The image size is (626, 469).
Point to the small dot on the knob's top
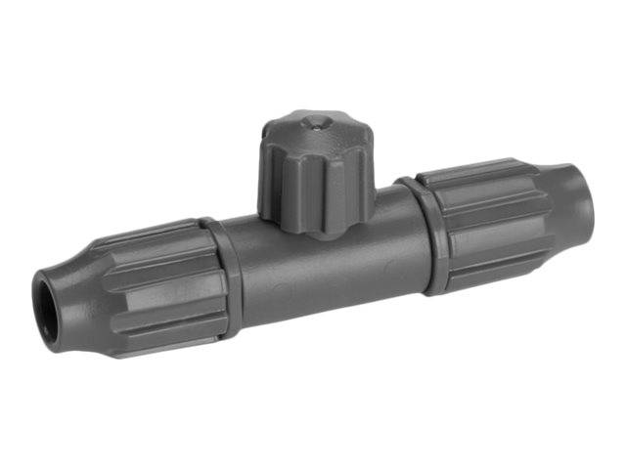310,123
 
